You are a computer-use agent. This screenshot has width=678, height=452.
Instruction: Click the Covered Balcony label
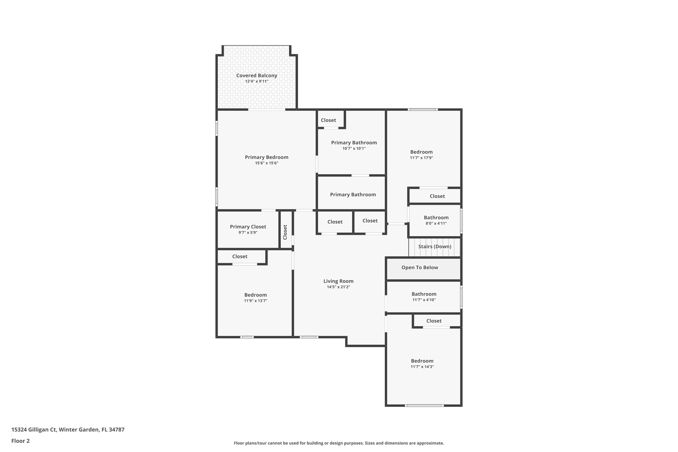pos(257,75)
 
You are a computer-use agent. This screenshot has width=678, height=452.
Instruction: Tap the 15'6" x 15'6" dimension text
pos(266,163)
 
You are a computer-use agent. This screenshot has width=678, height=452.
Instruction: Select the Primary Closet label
pos(248,227)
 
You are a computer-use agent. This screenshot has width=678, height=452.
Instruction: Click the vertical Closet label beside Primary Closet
pos(285,232)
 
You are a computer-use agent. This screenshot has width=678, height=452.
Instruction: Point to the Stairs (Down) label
pos(434,247)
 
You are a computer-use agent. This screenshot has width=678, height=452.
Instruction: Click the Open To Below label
pos(419,268)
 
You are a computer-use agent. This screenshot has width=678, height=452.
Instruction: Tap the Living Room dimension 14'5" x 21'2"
pos(338,287)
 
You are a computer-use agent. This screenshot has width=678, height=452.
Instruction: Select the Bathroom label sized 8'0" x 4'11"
pos(436,218)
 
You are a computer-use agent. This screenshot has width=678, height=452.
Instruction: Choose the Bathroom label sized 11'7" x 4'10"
pos(424,294)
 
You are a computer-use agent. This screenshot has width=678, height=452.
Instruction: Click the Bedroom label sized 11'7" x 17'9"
pos(421,152)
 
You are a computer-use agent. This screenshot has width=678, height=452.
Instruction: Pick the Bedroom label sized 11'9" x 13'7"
pos(255,295)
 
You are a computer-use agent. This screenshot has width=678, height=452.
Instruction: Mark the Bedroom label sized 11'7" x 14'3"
pos(422,361)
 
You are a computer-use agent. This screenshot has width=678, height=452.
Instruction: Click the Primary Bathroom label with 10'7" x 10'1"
pos(354,143)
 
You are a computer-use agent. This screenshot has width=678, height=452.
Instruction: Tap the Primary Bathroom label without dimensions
pos(353,195)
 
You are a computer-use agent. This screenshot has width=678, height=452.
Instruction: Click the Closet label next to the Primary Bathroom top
pos(328,120)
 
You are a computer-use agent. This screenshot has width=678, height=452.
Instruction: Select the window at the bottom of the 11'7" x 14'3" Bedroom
pos(424,405)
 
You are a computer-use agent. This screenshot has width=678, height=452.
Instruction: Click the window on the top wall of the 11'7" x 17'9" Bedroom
pos(423,110)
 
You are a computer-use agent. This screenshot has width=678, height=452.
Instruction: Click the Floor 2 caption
pos(21,441)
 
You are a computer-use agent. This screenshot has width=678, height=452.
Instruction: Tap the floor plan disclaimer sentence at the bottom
pos(339,443)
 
